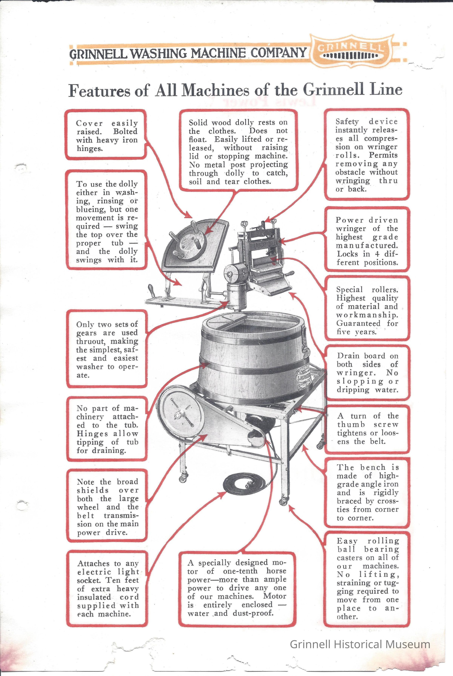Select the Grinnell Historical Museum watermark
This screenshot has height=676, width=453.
tap(360, 644)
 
